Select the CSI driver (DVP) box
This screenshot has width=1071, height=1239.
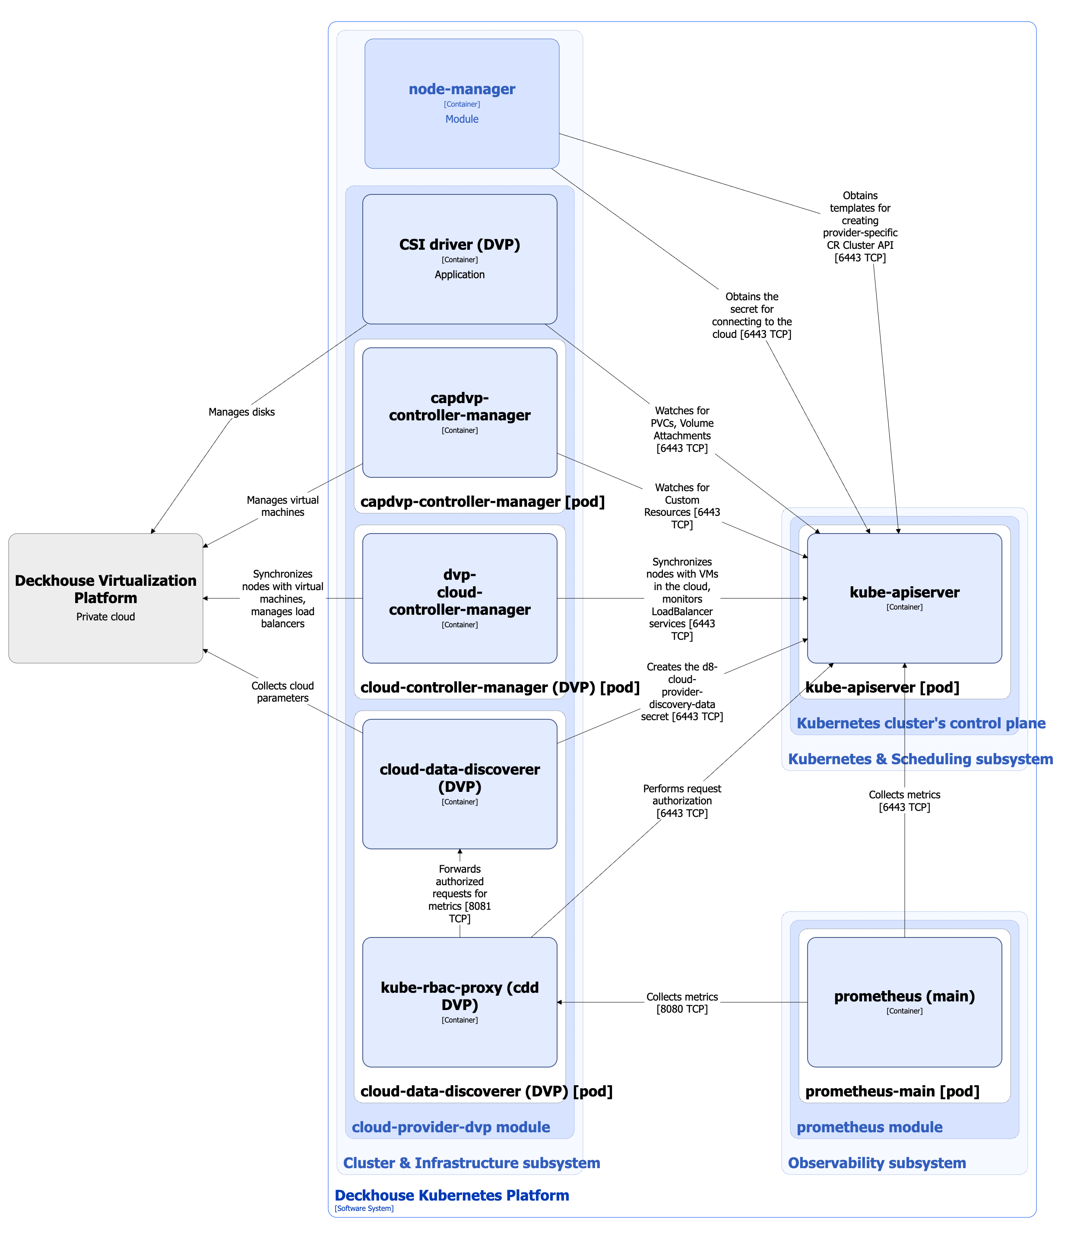459,258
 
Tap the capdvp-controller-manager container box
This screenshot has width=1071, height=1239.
459,412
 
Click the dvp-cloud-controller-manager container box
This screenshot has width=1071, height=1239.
459,597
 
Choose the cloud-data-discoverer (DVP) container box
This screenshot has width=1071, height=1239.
459,783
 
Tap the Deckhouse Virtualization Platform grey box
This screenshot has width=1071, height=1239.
105,597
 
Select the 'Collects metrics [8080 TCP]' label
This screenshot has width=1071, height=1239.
681,1002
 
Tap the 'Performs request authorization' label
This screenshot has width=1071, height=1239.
681,800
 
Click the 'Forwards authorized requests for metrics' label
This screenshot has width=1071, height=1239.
459,893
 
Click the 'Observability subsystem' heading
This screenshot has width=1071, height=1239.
876,1163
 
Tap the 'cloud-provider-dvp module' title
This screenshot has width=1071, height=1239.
450,1127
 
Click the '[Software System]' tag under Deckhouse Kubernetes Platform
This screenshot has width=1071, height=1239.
364,1208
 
